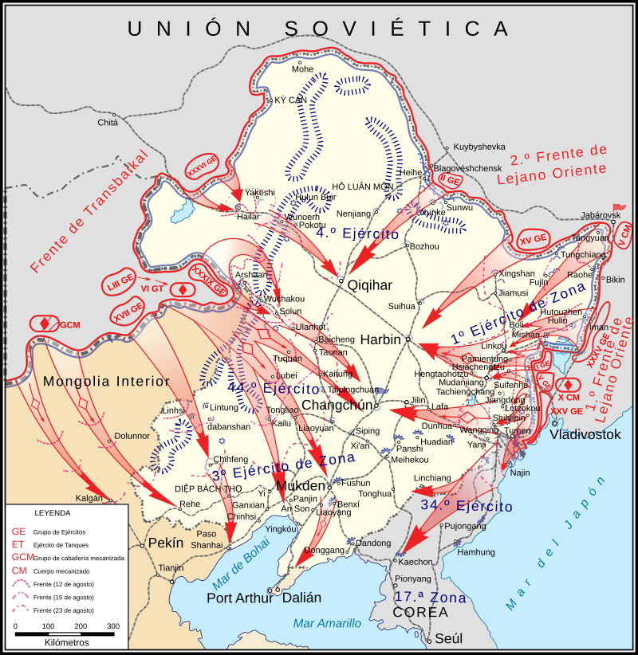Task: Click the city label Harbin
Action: click(380, 339)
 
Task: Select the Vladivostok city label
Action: click(585, 435)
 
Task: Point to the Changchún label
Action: click(338, 406)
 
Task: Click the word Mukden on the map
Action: click(300, 485)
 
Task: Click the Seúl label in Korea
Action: click(448, 638)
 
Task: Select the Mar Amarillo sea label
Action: click(327, 623)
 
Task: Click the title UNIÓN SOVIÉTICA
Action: click(318, 28)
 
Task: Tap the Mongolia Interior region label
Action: click(107, 381)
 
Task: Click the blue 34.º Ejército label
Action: click(467, 506)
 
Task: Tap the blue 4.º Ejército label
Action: click(357, 233)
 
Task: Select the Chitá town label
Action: click(108, 122)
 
